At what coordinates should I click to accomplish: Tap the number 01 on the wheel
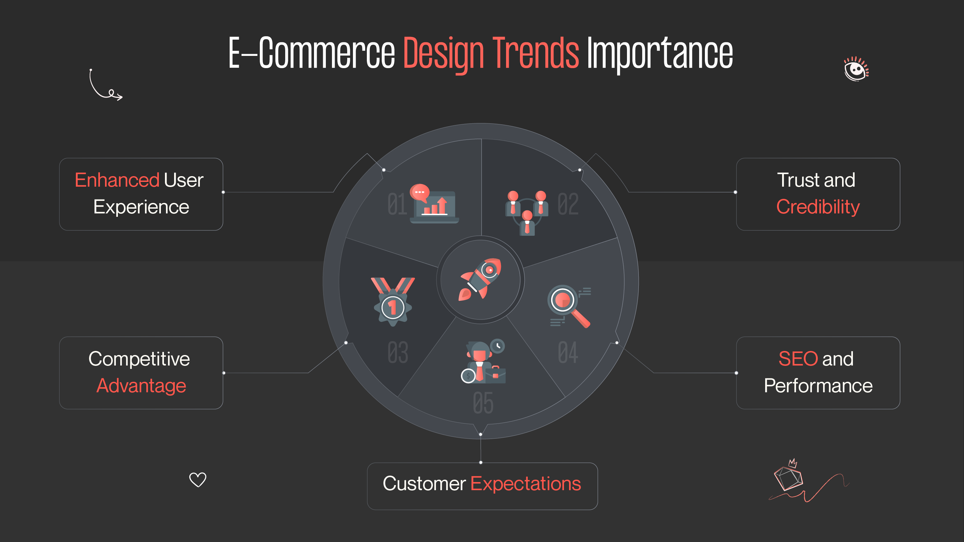point(397,204)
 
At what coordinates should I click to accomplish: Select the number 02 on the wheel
point(568,204)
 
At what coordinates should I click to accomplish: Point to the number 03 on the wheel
point(397,353)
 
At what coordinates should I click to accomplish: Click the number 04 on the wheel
point(568,353)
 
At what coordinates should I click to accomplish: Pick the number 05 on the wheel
point(483,403)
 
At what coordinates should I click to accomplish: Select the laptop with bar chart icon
point(434,204)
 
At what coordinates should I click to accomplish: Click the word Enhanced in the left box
point(117,180)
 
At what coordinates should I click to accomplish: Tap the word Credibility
point(818,207)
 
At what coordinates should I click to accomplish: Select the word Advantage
point(141,386)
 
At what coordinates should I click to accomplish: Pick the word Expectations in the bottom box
point(525,484)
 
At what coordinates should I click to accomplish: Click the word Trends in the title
point(536,54)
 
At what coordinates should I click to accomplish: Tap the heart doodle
point(197,479)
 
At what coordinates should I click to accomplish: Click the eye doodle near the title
point(856,69)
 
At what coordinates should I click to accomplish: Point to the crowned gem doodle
point(789,477)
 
